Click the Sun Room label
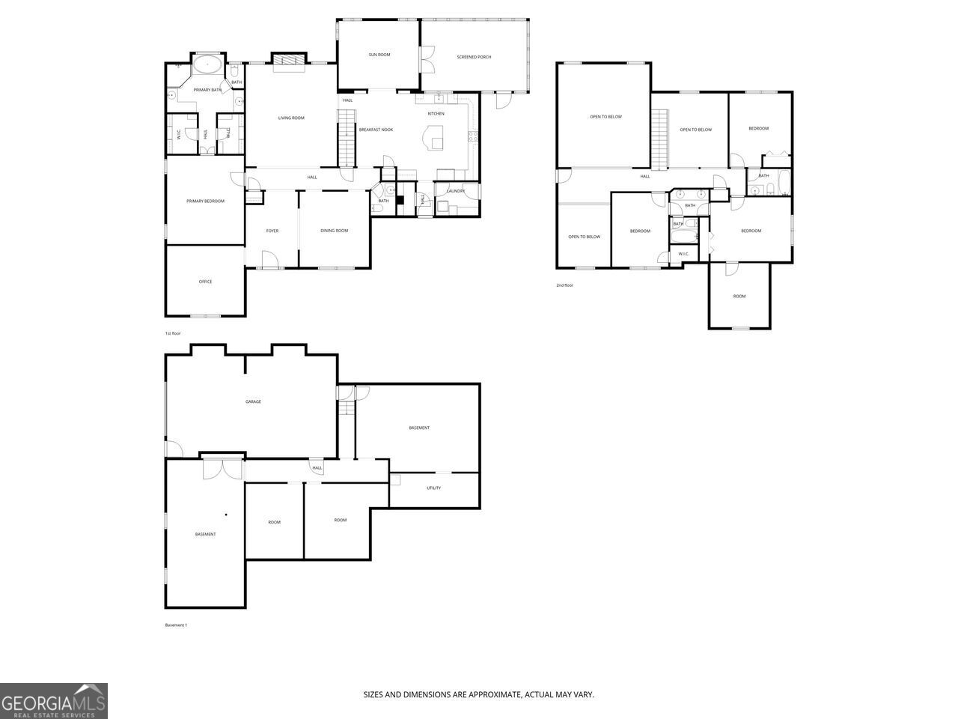tap(379, 55)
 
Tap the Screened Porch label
tap(474, 57)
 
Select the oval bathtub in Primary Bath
tap(207, 64)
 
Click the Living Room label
tap(291, 118)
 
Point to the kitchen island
tap(433, 138)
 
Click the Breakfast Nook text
tap(376, 130)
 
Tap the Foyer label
tap(272, 231)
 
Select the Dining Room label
tap(335, 231)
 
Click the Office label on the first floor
tap(205, 282)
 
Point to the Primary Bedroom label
tap(205, 201)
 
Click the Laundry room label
tap(456, 191)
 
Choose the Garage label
tap(253, 401)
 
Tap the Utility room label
tap(434, 488)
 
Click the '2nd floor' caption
tap(565, 285)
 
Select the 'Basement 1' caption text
tap(176, 625)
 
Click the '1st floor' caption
tap(173, 333)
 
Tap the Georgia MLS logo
tap(54, 701)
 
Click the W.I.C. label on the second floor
tap(683, 254)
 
